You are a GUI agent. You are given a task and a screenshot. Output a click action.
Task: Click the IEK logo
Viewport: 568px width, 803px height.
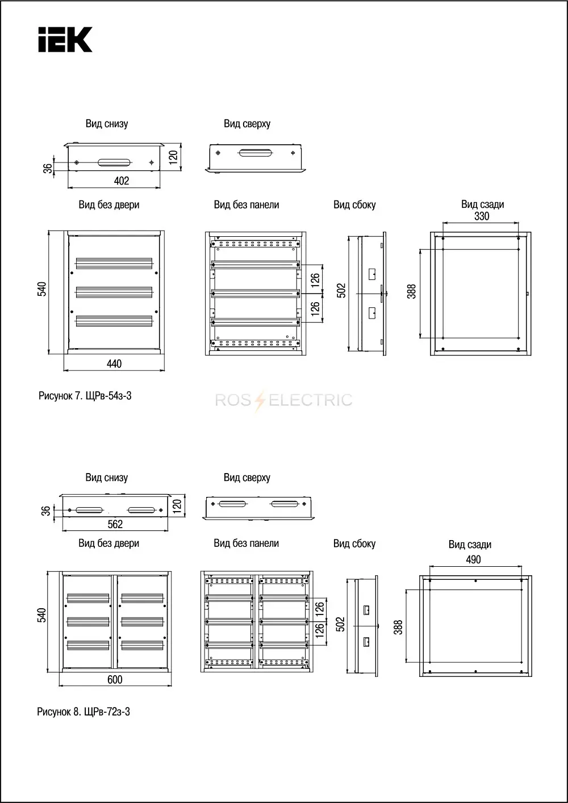(65, 39)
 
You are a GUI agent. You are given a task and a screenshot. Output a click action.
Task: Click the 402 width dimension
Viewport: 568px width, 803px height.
(122, 181)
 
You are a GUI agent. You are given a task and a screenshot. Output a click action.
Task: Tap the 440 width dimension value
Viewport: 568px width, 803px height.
(114, 364)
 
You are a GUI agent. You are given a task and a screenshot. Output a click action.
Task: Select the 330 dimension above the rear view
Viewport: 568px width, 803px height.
(482, 216)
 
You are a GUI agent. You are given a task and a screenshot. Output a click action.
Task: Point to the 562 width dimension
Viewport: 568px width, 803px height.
(115, 525)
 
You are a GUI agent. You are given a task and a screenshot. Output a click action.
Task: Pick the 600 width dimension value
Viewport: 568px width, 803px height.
(115, 680)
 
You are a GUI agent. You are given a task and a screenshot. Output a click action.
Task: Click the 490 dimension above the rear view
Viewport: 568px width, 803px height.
(473, 559)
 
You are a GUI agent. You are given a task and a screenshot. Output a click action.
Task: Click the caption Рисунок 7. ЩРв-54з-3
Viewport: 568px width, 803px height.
(85, 396)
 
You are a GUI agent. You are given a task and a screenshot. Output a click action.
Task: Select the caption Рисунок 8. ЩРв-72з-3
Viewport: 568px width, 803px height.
(83, 712)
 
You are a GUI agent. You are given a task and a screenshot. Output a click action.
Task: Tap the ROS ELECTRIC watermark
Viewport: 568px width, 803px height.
(283, 400)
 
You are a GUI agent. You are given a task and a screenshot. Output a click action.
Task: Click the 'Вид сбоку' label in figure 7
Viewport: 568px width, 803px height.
(354, 204)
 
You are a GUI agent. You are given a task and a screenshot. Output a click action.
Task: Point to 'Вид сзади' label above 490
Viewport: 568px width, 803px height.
(470, 545)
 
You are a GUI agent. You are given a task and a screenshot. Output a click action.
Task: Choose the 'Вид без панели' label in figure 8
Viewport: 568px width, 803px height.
(247, 543)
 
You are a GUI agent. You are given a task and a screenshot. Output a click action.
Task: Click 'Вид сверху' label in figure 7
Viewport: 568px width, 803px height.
(247, 124)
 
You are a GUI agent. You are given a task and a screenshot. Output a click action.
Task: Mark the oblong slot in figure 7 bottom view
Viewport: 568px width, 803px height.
(114, 162)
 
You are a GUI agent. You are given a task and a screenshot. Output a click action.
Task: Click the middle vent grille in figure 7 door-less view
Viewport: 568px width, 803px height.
(114, 292)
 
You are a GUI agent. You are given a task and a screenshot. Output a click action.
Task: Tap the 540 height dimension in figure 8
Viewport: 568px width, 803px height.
(41, 615)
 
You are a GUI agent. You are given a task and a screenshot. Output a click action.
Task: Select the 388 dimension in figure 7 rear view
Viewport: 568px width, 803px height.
(411, 291)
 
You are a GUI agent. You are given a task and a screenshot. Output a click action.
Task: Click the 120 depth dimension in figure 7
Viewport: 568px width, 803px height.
(173, 157)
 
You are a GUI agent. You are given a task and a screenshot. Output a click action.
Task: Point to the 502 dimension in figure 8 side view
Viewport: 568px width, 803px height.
(340, 624)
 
